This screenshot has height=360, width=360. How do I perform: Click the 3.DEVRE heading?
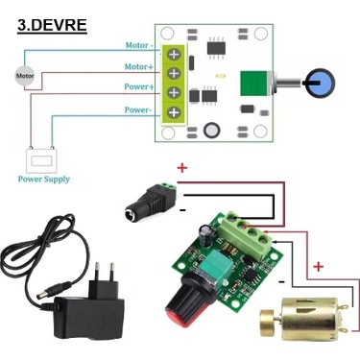click(x=52, y=25)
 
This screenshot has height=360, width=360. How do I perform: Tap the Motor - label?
click(x=139, y=45)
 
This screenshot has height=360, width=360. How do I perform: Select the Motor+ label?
click(x=139, y=66)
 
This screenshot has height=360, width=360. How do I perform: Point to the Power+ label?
click(x=139, y=86)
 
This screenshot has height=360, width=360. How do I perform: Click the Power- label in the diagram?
click(x=137, y=110)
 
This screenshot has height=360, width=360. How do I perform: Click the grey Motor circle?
click(x=25, y=76)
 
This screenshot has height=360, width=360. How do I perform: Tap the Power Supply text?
click(x=44, y=180)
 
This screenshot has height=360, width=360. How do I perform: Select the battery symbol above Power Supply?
click(x=41, y=159)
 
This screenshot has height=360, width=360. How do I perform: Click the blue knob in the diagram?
click(x=321, y=83)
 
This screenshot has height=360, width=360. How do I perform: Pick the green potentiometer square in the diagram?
click(x=253, y=84)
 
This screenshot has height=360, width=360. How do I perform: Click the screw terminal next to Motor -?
click(x=174, y=55)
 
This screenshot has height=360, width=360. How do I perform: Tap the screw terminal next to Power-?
click(x=174, y=112)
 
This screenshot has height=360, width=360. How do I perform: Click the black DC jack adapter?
click(x=152, y=202)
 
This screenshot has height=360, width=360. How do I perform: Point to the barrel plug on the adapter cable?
click(x=54, y=291)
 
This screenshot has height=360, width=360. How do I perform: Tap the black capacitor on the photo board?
click(x=205, y=236)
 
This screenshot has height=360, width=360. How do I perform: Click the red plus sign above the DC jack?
click(x=182, y=168)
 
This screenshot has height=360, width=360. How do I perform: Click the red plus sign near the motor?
click(x=318, y=266)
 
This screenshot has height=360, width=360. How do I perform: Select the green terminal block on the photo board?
click(x=246, y=235)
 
